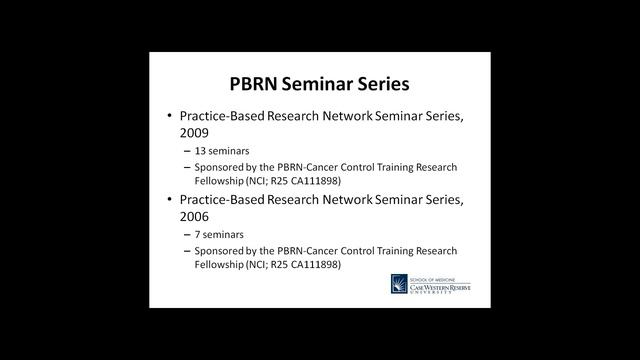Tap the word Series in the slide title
[x=393, y=82]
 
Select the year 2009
[x=197, y=131]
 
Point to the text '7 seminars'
[x=218, y=236]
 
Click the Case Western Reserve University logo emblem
[x=402, y=286]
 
